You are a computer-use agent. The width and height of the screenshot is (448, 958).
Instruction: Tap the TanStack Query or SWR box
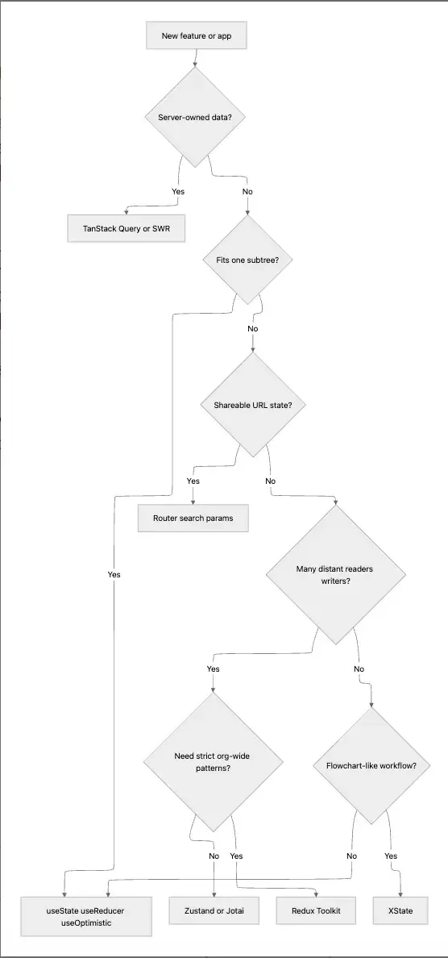click(127, 228)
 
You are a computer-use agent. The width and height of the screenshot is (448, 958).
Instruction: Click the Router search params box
click(193, 518)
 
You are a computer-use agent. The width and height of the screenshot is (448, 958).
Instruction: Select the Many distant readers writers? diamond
click(335, 574)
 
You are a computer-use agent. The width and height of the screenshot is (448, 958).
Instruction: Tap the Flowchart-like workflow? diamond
click(371, 765)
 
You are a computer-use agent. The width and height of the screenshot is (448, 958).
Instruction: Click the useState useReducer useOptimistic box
click(86, 916)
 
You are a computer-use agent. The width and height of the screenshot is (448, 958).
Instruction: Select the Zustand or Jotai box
click(213, 910)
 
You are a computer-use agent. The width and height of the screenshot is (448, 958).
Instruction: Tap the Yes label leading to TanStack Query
click(178, 192)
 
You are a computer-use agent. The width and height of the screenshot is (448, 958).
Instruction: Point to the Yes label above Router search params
click(193, 481)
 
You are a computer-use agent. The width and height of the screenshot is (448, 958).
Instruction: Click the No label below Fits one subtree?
click(253, 329)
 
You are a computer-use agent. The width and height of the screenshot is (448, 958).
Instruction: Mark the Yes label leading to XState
click(391, 856)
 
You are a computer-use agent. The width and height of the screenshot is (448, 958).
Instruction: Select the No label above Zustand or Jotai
click(214, 856)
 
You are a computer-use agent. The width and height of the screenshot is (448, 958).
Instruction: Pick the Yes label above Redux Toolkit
click(236, 856)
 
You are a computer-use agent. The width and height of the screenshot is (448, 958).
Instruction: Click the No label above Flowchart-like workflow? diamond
click(359, 669)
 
